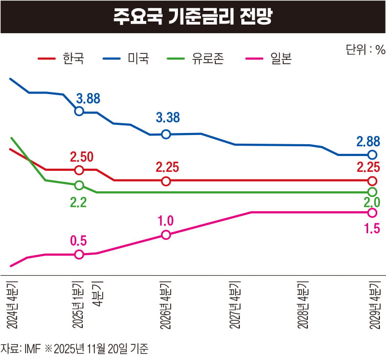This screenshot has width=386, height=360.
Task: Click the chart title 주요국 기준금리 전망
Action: (193, 16)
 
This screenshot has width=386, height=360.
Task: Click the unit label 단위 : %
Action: (365, 50)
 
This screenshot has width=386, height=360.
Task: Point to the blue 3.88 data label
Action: (88, 98)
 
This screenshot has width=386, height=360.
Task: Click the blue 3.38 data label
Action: (168, 118)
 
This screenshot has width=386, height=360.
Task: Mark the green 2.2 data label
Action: (78, 202)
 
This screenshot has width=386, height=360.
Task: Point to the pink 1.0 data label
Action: (166, 221)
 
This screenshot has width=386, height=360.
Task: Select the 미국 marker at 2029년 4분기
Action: (372, 155)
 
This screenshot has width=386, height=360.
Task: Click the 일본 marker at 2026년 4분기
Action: (166, 235)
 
